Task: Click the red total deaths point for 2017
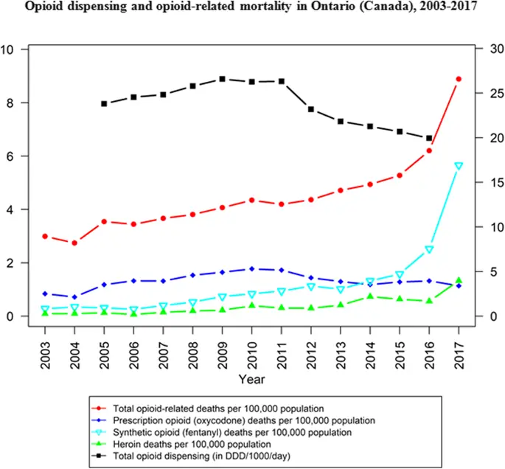pyautogui.click(x=459, y=79)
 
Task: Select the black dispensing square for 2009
pyautogui.click(x=222, y=79)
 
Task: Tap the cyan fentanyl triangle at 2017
pyautogui.click(x=459, y=166)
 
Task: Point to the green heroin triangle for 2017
pyautogui.click(x=459, y=280)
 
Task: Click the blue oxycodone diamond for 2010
pyautogui.click(x=251, y=269)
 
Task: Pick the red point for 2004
pyautogui.click(x=74, y=243)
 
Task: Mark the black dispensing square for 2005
pyautogui.click(x=104, y=104)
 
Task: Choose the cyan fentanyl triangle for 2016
pyautogui.click(x=429, y=250)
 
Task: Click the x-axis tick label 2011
pyautogui.click(x=281, y=347)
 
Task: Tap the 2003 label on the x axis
pyautogui.click(x=45, y=347)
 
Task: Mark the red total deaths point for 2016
pyautogui.click(x=429, y=150)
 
